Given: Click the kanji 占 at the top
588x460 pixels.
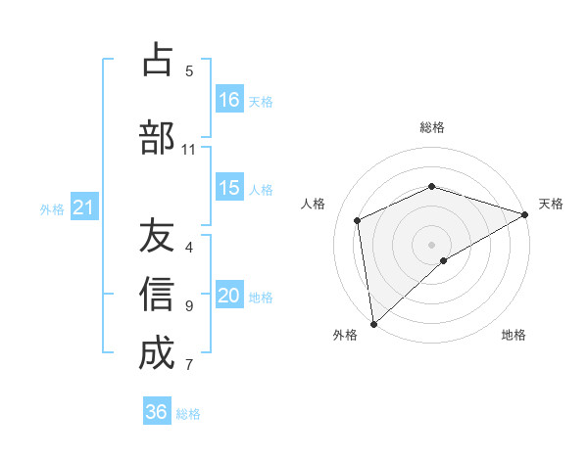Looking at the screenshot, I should (157, 60).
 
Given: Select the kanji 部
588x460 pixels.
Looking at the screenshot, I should (157, 138).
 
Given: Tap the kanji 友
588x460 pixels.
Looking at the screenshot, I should (157, 236).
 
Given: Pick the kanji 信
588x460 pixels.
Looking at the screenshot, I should (157, 295).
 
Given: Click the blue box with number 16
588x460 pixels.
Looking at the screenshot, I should (229, 100).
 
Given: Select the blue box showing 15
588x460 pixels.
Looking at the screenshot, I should (229, 188).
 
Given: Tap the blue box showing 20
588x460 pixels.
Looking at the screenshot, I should (229, 296).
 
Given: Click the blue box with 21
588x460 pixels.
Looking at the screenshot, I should (83, 207).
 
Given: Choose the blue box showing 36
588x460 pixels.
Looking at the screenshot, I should (157, 412).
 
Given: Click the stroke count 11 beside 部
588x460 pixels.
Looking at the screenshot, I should (189, 149).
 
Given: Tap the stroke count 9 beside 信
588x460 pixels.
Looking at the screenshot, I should (189, 305).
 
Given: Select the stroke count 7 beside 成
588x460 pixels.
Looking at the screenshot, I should (189, 365).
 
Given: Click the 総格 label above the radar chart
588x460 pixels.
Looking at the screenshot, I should (432, 127).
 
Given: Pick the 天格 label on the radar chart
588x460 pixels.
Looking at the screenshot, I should (551, 204).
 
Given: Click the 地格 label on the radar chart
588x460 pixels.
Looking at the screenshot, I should (514, 335).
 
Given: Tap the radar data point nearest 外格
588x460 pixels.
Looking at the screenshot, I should (373, 324).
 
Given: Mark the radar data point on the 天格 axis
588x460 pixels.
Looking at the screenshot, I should (525, 213).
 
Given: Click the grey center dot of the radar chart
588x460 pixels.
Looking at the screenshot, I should (432, 244).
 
